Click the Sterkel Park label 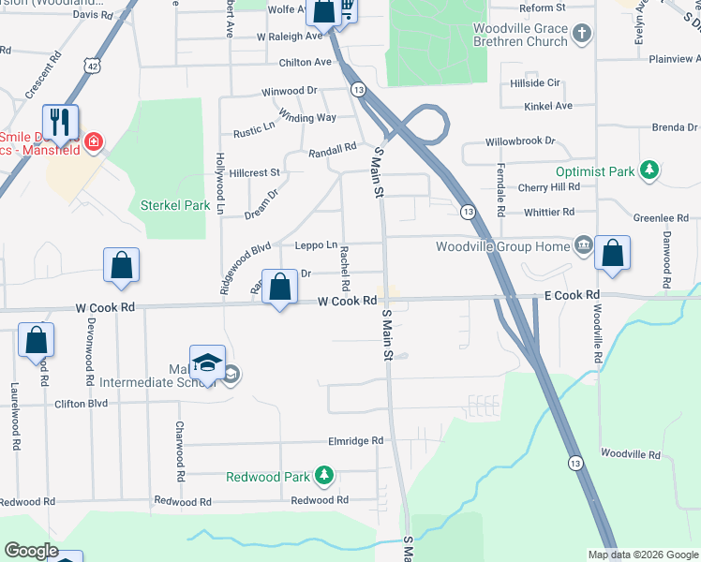[x=174, y=205]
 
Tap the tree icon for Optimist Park [x=647, y=170]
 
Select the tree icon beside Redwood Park [x=323, y=476]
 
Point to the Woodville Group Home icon [x=584, y=246]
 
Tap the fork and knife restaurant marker [x=60, y=122]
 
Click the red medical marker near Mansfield [x=93, y=142]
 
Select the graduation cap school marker [x=208, y=362]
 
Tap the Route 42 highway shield [x=90, y=67]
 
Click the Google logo [x=31, y=551]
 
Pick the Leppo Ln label [x=316, y=245]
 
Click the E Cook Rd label [x=572, y=295]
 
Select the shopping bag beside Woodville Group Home [x=612, y=253]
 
